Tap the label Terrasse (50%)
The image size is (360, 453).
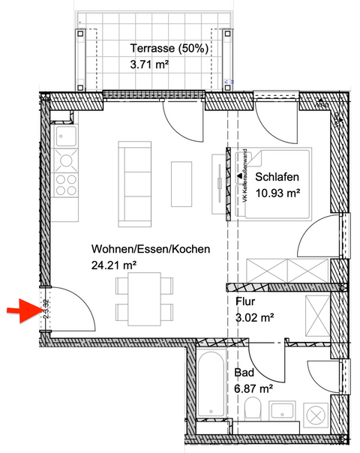coord(169,49)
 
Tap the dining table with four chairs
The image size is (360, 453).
coord(142,298)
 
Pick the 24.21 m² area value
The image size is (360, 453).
coord(113,265)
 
